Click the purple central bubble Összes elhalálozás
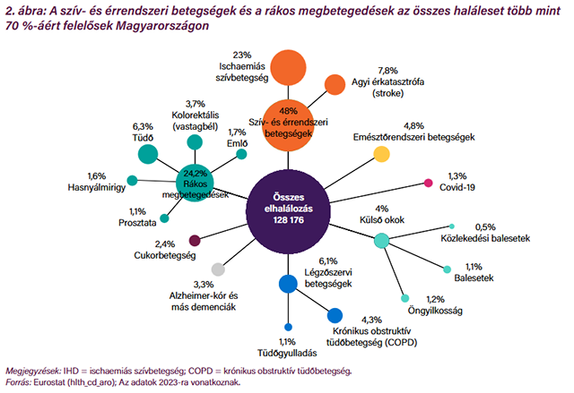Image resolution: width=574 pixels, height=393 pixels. (288, 211)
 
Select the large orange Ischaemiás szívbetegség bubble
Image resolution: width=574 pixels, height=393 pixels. (289, 68)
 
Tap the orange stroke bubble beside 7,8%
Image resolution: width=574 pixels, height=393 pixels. (335, 84)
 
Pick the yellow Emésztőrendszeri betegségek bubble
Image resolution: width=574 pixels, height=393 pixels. (381, 154)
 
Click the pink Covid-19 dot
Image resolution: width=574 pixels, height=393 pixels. (429, 183)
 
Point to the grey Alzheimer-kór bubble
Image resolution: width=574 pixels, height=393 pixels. (218, 269)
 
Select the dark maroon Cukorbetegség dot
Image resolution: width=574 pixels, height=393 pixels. (195, 241)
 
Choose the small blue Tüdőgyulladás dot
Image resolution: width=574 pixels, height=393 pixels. (288, 327)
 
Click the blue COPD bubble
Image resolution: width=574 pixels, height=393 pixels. (335, 316)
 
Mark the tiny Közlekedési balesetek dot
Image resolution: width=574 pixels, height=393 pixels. (452, 226)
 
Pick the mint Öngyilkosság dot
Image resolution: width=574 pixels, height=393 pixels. (404, 298)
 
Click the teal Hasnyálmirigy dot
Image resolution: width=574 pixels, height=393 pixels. (132, 181)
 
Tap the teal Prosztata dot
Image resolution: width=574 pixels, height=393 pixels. (164, 218)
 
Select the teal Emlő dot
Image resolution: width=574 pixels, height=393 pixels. (241, 154)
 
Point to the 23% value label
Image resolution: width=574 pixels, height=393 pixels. (242, 56)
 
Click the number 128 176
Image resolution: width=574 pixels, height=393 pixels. (288, 220)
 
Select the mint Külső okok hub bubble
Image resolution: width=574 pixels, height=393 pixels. (381, 241)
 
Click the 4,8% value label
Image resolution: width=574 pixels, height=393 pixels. (413, 126)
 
